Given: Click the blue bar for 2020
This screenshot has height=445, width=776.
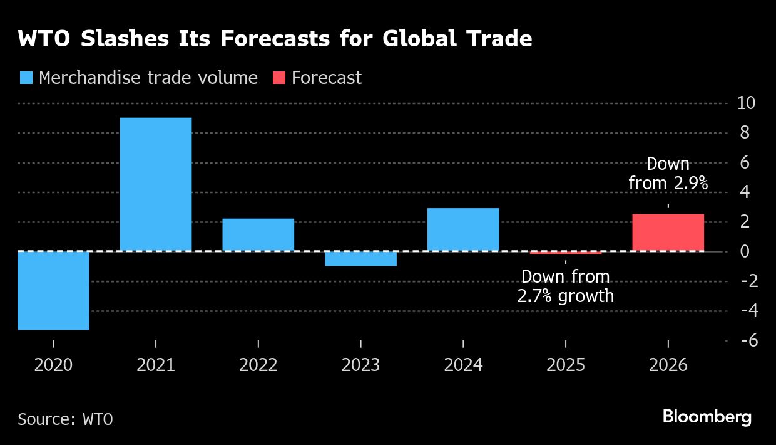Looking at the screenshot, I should (x=53, y=290).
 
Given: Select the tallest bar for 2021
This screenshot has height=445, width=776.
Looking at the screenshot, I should (x=155, y=184).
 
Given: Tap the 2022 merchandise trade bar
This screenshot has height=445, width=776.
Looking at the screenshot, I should (x=258, y=234).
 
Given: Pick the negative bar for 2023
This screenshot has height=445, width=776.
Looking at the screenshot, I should (x=360, y=259).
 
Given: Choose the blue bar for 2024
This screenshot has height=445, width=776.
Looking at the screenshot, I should (x=463, y=229).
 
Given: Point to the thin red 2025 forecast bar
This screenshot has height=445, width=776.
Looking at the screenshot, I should (x=565, y=253).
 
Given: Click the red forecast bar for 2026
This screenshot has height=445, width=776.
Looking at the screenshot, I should (x=668, y=233).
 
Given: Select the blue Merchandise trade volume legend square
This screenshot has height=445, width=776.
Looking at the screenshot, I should (x=26, y=78).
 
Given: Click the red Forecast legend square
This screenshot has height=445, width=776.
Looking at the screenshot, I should (x=279, y=78).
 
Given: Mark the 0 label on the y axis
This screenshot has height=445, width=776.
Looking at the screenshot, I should (x=745, y=251).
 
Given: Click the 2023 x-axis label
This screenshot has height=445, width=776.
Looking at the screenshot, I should (x=360, y=365).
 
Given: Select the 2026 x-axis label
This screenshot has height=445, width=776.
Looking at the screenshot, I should (x=668, y=365).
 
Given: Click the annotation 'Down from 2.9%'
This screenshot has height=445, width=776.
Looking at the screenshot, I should (x=668, y=174).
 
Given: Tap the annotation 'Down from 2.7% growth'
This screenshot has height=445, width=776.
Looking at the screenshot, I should (x=565, y=286).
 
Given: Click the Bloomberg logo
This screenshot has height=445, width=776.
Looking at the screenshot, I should (x=707, y=417).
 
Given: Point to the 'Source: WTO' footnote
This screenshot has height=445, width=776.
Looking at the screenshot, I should (x=65, y=419).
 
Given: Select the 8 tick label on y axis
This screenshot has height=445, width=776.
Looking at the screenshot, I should (x=745, y=133).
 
